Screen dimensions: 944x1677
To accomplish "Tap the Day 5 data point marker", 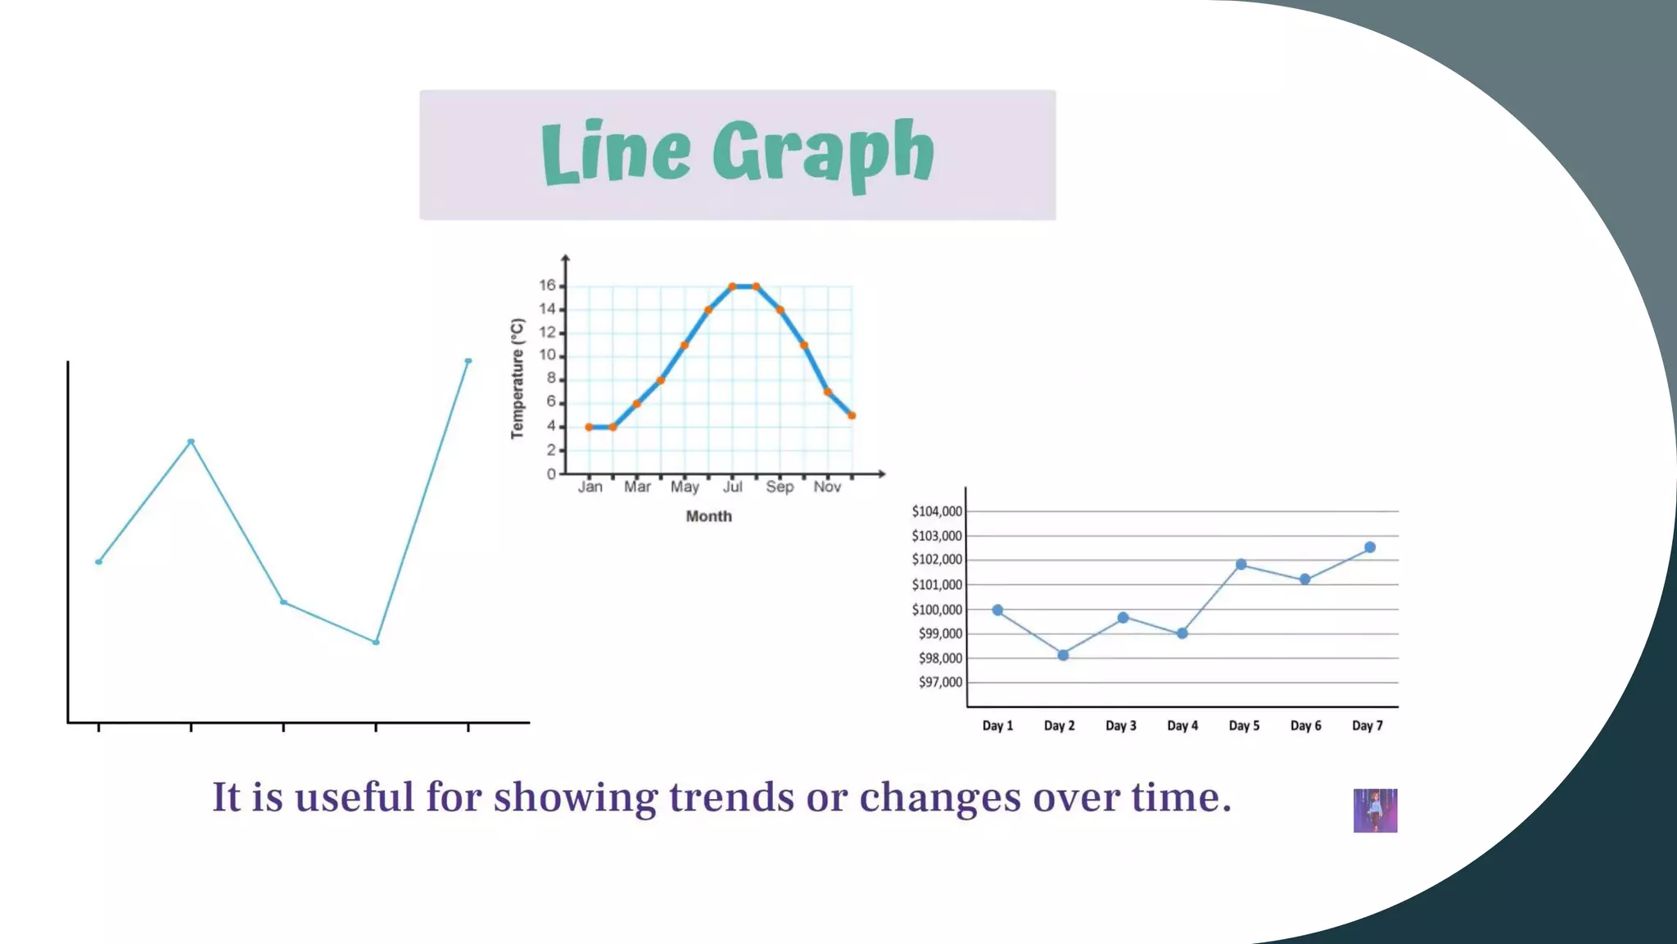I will coord(1241,565).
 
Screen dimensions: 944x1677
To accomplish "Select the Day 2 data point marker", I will coord(1063,655).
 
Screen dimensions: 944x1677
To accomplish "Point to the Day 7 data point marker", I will coord(1370,547).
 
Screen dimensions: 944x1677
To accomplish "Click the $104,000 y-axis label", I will coord(937,511).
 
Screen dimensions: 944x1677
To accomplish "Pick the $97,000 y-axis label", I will coord(940,682).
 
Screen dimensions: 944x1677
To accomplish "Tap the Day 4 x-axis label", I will coord(1182,726).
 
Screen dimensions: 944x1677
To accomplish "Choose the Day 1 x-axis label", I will coord(997,726).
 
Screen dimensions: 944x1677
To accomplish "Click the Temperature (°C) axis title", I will coord(517,379).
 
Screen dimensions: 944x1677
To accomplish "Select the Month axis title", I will coord(709,516).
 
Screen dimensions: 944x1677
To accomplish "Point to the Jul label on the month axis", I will coord(733,487).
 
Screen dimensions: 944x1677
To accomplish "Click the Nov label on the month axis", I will coord(827,487).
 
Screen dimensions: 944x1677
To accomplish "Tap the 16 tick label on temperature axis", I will coord(547,285).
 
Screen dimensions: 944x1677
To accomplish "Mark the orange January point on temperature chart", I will coord(589,427).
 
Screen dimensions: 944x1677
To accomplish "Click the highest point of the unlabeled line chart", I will coord(468,361).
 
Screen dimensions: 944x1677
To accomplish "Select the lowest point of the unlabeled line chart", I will coord(376,642).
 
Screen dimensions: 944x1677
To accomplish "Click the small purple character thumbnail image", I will coord(1376,810).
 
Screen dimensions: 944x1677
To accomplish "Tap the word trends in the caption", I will coord(731,796).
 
